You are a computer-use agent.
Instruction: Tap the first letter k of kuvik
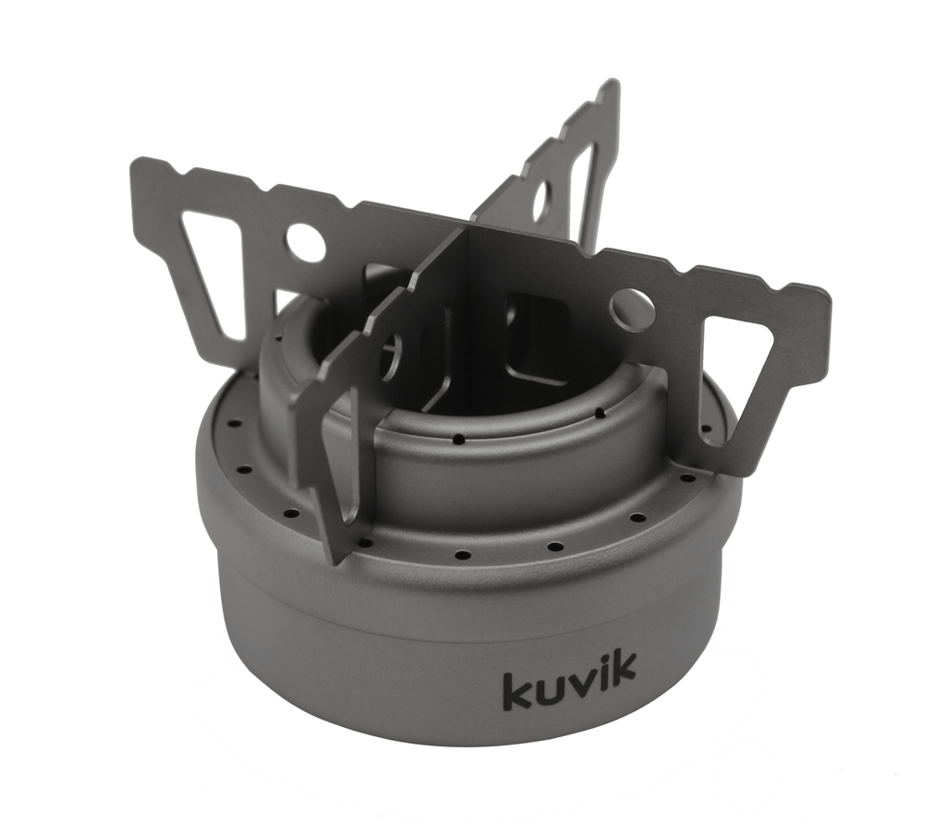[x=515, y=691]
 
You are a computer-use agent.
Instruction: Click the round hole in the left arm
[x=305, y=242]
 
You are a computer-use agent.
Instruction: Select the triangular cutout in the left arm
[x=214, y=268]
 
